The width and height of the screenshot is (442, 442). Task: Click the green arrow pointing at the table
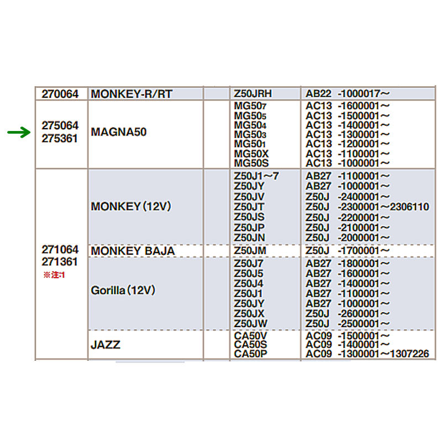click(18, 133)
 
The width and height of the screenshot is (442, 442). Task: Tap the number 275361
click(60, 139)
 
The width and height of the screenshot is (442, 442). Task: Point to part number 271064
click(60, 250)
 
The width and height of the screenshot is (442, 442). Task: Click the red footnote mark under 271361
click(55, 275)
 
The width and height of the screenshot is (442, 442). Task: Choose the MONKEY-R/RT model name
click(131, 94)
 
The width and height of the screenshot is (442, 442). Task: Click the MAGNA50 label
click(118, 133)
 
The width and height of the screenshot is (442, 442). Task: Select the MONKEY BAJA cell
click(133, 251)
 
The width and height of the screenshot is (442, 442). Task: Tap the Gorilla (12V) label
click(123, 290)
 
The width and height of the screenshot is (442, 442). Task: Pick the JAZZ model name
click(106, 345)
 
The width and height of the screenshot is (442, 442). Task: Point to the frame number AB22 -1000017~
click(348, 94)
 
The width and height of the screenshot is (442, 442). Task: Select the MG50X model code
click(251, 154)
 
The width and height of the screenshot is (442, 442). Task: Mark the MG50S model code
click(251, 163)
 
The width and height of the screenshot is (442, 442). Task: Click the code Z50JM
click(250, 251)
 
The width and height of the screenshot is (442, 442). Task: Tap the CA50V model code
click(251, 335)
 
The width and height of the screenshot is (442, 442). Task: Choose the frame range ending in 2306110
click(367, 207)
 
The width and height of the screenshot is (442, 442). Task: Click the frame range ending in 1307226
click(367, 354)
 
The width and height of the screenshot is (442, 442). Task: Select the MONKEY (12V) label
click(131, 207)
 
